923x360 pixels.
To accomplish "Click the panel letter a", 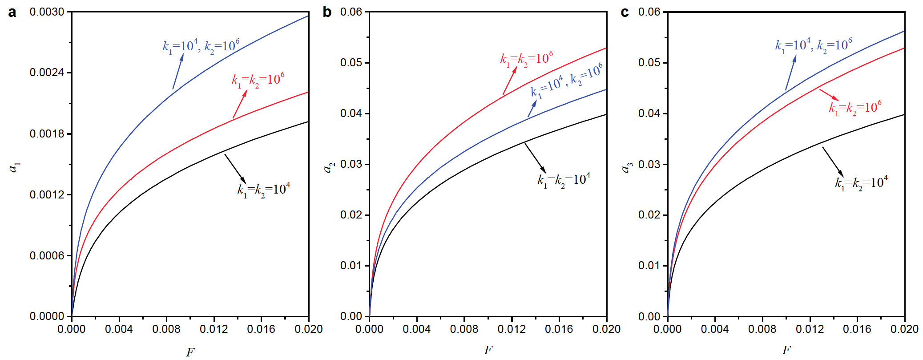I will tap(12, 12).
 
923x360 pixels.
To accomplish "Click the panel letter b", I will tap(327, 12).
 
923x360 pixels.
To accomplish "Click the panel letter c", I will tap(625, 12).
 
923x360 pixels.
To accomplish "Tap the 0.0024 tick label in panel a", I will tap(47, 73).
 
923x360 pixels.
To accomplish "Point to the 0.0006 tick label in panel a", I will tap(47, 255).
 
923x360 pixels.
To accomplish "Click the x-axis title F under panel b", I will tap(488, 350).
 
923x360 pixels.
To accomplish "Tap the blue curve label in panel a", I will tap(201, 46).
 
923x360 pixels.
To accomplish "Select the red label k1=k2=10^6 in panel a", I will tap(258, 81).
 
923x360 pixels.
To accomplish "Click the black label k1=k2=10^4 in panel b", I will tap(564, 180).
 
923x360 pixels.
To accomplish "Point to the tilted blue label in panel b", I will tap(567, 81).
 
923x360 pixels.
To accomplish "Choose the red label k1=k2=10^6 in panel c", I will tap(855, 108).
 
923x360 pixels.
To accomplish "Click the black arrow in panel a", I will tap(235, 169).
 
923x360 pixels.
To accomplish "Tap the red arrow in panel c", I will tap(829, 95).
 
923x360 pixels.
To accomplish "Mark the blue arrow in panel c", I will tap(790, 73).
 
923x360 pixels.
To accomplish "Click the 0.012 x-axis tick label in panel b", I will tap(512, 329).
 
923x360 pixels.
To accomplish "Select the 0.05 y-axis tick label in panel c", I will tap(649, 63).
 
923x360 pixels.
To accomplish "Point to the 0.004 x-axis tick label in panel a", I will tap(119, 329).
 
